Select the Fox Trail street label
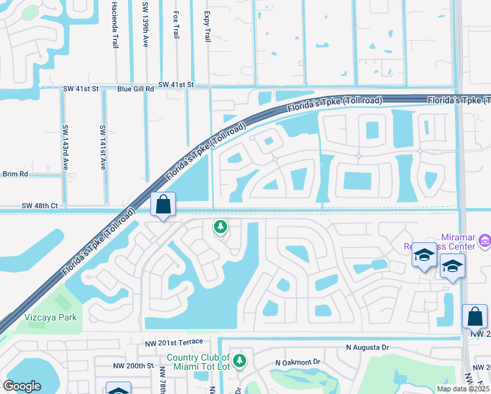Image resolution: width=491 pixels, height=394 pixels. click(x=175, y=24)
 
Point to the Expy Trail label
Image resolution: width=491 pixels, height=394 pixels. click(x=207, y=26)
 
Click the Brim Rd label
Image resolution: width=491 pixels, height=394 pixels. click(x=15, y=174)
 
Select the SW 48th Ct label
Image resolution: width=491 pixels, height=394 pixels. click(x=41, y=206)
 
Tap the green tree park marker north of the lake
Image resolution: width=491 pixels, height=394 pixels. click(x=221, y=227)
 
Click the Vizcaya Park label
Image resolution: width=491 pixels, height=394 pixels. click(x=51, y=317)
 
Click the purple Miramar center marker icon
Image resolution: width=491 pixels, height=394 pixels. click(x=484, y=241)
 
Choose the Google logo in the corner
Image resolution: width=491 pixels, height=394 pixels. click(x=22, y=386)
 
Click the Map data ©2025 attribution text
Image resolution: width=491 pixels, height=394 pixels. click(x=463, y=389)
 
